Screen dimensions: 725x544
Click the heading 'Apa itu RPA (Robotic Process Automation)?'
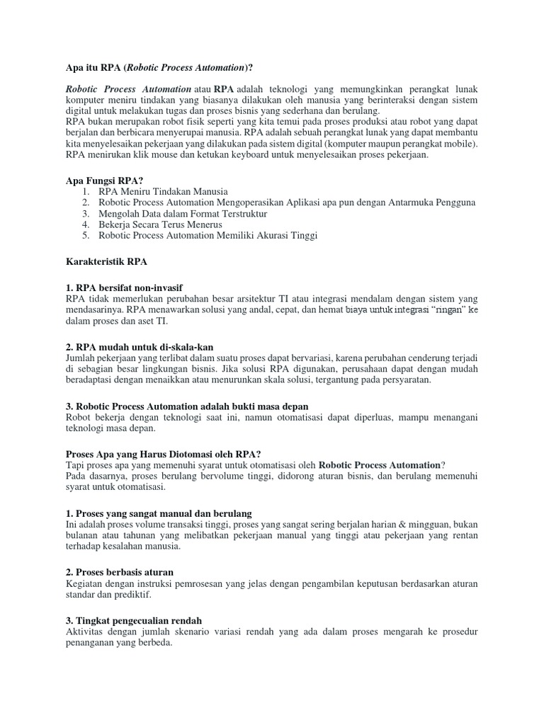pos(159,67)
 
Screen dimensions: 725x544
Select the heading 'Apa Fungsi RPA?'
pos(104,181)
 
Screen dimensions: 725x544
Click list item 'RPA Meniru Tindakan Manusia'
pos(164,192)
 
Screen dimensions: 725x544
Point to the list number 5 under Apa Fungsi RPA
pos(85,236)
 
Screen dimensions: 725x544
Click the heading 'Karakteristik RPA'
pos(106,261)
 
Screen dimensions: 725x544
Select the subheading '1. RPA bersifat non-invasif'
pos(124,287)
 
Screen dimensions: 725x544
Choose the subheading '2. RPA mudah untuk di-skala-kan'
pos(135,346)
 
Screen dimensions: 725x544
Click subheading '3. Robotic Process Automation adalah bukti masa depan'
pos(187,406)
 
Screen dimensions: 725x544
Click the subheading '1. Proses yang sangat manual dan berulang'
pos(159,513)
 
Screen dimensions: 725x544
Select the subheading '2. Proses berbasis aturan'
pos(120,571)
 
